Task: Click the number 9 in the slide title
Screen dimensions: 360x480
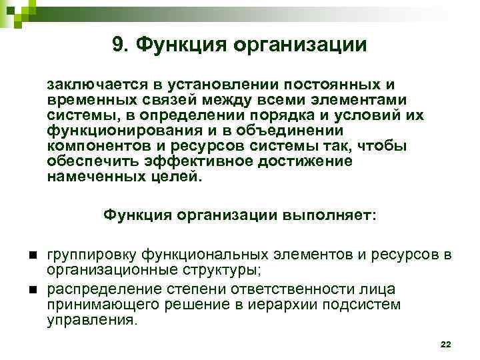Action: pos(119,44)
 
